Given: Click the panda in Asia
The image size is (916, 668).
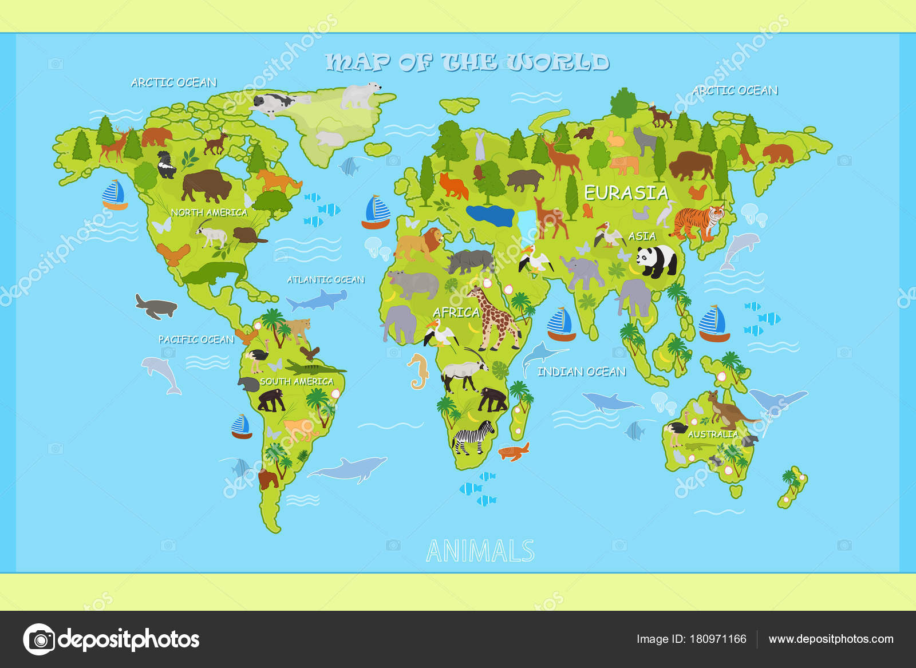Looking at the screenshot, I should click(656, 261).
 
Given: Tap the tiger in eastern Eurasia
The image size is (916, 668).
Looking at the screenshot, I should click(698, 222).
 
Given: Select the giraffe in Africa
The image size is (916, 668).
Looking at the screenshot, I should click(493, 318).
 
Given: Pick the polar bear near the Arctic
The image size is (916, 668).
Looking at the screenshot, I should click(360, 94).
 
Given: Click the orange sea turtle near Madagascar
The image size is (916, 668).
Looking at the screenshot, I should click(514, 452).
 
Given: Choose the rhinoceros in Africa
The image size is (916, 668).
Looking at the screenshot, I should click(471, 262).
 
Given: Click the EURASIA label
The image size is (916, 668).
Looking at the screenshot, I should click(626, 193).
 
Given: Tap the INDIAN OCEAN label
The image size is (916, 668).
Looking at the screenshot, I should click(582, 372).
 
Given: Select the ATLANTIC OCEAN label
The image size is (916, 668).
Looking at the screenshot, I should click(326, 280).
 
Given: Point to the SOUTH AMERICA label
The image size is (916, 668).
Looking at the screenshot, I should click(297, 381).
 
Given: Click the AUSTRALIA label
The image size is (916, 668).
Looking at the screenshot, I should click(713, 434).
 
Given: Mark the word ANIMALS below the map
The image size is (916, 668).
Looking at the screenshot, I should click(480, 551).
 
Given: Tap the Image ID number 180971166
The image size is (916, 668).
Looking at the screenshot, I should click(718, 639).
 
